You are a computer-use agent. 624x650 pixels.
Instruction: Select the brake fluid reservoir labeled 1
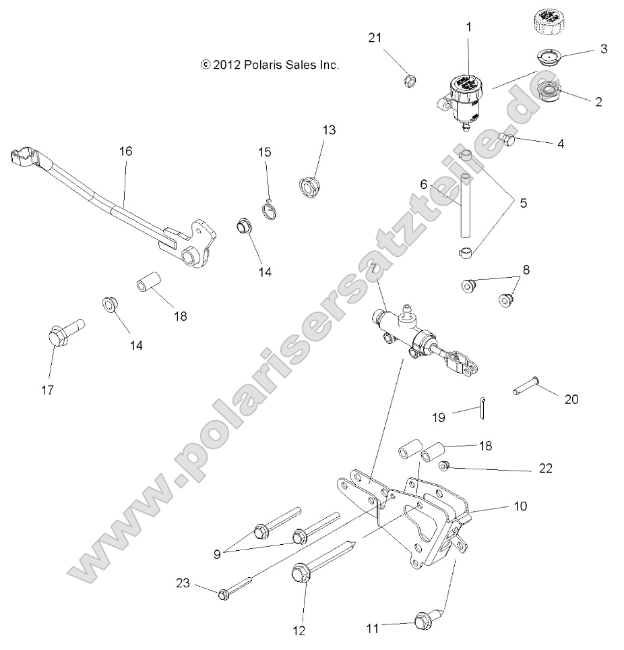pyautogui.click(x=465, y=98)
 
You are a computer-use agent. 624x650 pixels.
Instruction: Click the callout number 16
pyautogui.click(x=125, y=151)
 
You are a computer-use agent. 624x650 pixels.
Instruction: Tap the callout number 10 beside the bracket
pyautogui.click(x=520, y=506)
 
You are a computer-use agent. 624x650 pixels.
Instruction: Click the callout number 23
pyautogui.click(x=183, y=583)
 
